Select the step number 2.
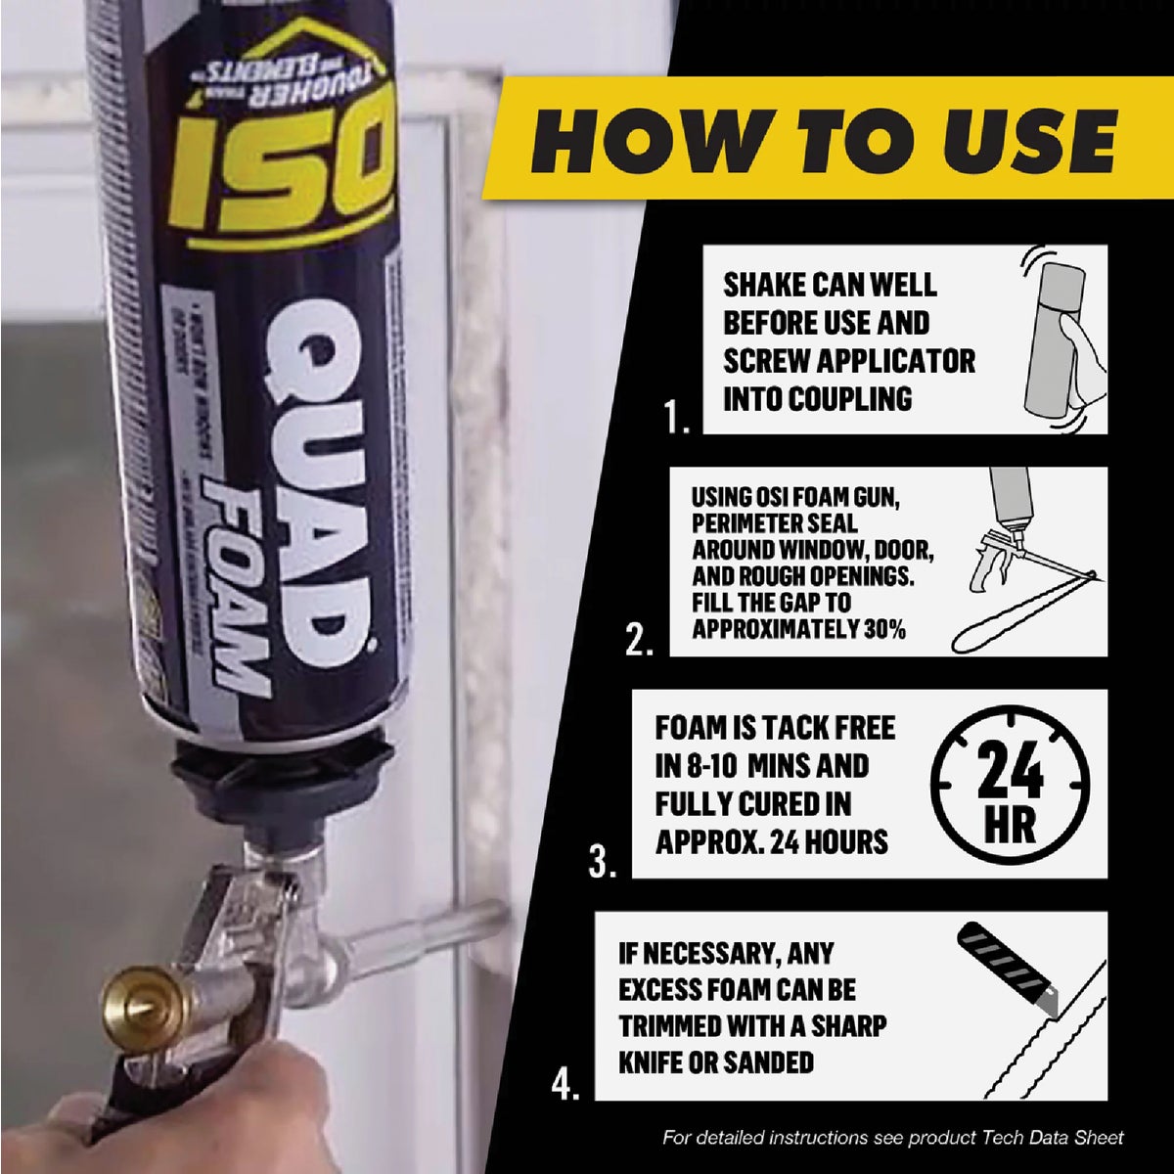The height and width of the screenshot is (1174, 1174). tap(639, 642)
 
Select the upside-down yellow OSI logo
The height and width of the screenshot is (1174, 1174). tap(284, 171)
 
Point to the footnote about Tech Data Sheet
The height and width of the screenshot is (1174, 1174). tap(892, 1138)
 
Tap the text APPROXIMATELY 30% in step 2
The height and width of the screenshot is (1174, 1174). tap(798, 629)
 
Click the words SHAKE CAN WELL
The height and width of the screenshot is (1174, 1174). tap(830, 285)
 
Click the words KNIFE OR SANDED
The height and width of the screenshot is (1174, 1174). tap(715, 1061)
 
